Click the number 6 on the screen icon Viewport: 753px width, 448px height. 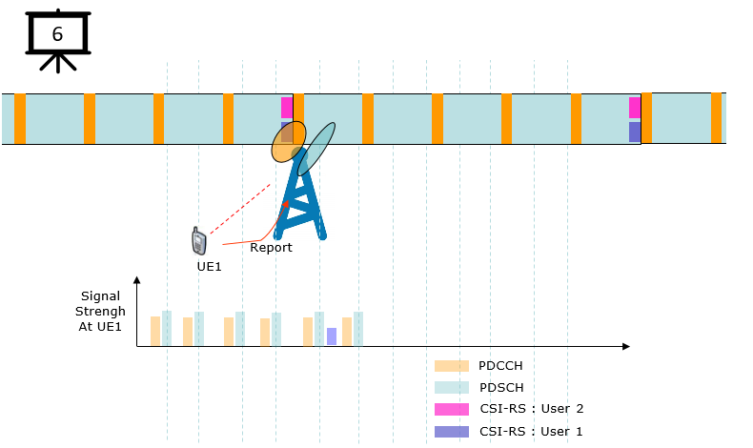57,34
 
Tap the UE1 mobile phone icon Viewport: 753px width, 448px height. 199,241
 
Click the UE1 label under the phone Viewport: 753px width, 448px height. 210,267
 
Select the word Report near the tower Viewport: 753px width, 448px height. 271,247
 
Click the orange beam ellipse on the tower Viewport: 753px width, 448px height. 289,142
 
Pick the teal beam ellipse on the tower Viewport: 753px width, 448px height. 316,149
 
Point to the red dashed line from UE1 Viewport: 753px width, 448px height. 240,209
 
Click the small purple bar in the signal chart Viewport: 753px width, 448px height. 332,336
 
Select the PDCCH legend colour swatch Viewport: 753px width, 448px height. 452,366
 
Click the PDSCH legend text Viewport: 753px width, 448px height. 501,388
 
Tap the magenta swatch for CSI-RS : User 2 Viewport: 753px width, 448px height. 452,409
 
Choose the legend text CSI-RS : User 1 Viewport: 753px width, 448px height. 531,432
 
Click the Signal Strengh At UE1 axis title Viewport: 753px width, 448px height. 100,311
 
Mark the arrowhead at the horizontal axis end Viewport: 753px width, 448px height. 625,346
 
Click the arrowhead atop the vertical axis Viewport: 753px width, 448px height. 137,280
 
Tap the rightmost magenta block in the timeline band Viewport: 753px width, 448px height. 635,108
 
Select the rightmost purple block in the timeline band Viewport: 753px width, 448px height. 635,132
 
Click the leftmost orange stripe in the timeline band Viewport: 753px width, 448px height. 20,118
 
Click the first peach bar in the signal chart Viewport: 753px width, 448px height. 155,331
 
